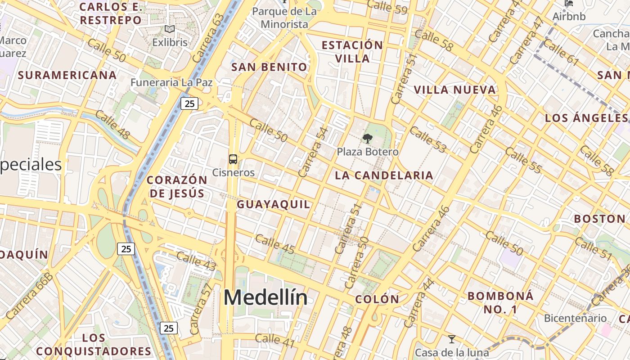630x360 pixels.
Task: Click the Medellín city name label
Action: coord(265,298)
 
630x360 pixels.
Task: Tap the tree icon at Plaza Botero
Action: coord(368,139)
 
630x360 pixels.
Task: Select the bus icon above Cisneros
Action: coord(233,159)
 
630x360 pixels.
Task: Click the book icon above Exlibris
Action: coord(170,30)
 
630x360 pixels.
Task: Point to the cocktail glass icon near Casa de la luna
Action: coord(452,339)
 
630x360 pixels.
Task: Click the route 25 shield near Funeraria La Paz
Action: coord(189,104)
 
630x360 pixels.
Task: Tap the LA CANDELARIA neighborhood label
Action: coord(384,175)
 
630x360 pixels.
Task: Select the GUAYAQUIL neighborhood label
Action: coord(274,204)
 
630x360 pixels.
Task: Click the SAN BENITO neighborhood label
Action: coord(269,67)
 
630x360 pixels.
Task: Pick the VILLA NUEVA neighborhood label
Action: coord(454,90)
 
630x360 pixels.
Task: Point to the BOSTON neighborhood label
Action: coord(599,219)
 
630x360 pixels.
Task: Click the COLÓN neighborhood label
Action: coord(377,299)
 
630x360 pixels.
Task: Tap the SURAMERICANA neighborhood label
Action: coord(67,75)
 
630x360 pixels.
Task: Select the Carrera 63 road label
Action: coord(208,38)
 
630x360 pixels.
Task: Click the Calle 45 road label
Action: coord(275,244)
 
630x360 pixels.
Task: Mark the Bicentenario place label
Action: coord(575,319)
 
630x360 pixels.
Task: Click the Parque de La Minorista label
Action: coord(284,18)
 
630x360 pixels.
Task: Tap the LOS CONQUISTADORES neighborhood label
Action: coord(94,345)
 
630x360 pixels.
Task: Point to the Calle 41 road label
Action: coord(275,341)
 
